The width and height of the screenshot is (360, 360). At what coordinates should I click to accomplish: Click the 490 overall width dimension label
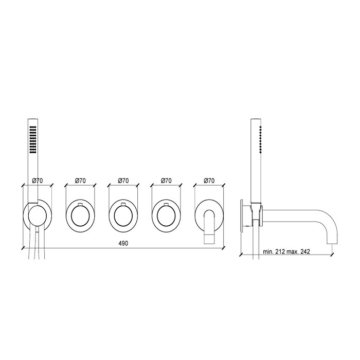click(123, 244)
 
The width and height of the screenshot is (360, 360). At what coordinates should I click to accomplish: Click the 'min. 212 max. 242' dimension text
click(286, 251)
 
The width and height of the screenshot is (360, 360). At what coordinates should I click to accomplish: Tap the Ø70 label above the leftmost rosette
click(38, 181)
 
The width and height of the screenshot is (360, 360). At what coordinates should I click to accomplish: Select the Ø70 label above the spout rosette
click(209, 181)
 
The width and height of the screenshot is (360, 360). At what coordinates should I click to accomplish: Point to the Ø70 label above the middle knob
click(123, 181)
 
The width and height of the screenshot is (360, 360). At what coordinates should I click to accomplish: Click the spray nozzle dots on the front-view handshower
click(33, 139)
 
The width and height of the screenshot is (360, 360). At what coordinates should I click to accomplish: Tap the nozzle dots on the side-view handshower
click(260, 139)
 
